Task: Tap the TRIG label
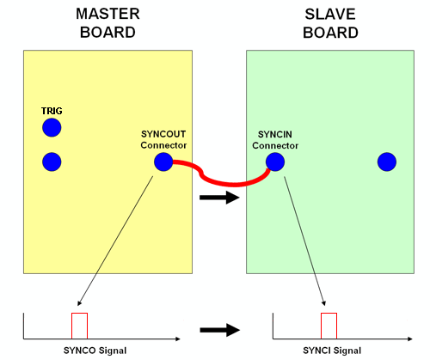point(52,112)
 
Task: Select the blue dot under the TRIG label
point(52,128)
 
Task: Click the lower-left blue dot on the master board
point(52,161)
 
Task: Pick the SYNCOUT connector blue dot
point(163,162)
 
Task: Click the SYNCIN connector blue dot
point(274,162)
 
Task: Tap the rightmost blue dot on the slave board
point(386,162)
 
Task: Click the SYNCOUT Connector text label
point(163,139)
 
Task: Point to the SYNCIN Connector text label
point(275,139)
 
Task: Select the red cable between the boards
point(219,180)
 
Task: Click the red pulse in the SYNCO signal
point(79,326)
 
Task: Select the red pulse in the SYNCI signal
point(329,326)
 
